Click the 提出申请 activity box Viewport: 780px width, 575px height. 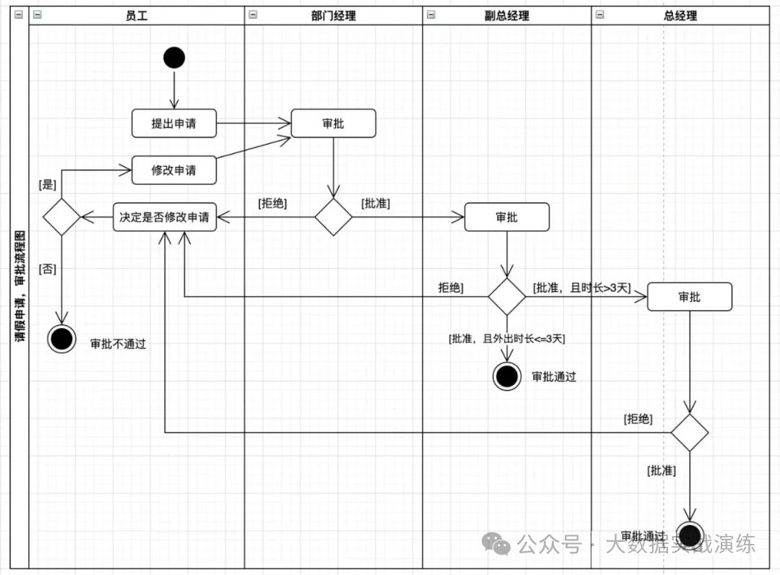pyautogui.click(x=173, y=124)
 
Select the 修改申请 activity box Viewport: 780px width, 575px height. pyautogui.click(x=173, y=170)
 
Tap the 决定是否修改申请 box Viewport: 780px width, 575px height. pyautogui.click(x=165, y=217)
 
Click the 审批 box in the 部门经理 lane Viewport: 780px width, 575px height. pyautogui.click(x=333, y=124)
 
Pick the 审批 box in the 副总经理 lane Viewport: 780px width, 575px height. pyautogui.click(x=506, y=217)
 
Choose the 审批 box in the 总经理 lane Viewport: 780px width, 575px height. pyautogui.click(x=689, y=297)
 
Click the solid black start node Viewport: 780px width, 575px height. pyautogui.click(x=174, y=57)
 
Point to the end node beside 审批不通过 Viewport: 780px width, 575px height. pyautogui.click(x=61, y=338)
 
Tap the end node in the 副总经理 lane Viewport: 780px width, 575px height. pyautogui.click(x=506, y=376)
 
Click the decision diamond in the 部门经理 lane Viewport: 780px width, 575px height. pyautogui.click(x=333, y=217)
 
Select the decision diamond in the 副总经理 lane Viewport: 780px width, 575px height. pyautogui.click(x=506, y=296)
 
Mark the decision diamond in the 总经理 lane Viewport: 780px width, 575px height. pyautogui.click(x=689, y=433)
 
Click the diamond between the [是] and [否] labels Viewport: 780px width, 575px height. pyautogui.click(x=61, y=217)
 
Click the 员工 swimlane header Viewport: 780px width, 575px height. pyautogui.click(x=136, y=15)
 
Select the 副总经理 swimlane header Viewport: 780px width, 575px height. pyautogui.click(x=506, y=15)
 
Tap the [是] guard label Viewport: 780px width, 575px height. pyautogui.click(x=47, y=185)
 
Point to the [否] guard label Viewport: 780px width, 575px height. pyautogui.click(x=47, y=269)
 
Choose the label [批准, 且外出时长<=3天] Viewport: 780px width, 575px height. pyautogui.click(x=506, y=338)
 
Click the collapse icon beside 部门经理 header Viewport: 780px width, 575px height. pyautogui.click(x=253, y=14)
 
